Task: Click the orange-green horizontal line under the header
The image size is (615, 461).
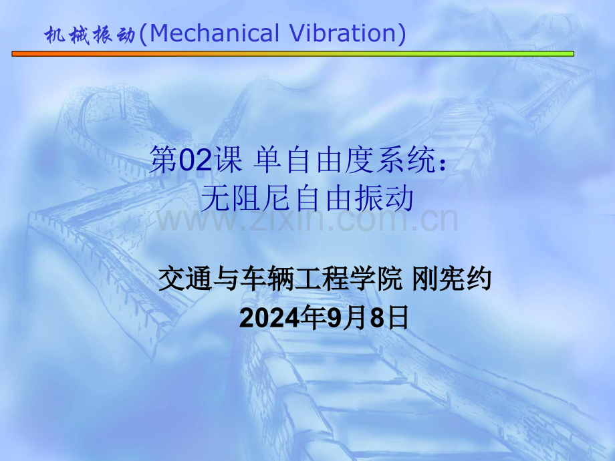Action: point(293,53)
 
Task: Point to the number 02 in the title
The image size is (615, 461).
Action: point(197,161)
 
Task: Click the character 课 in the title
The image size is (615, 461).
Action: point(228,161)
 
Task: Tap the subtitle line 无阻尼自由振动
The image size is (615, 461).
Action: point(307,198)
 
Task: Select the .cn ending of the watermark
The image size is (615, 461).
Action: point(436,220)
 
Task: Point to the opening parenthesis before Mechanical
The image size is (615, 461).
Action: point(142,34)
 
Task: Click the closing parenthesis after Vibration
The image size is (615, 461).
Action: point(402,34)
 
